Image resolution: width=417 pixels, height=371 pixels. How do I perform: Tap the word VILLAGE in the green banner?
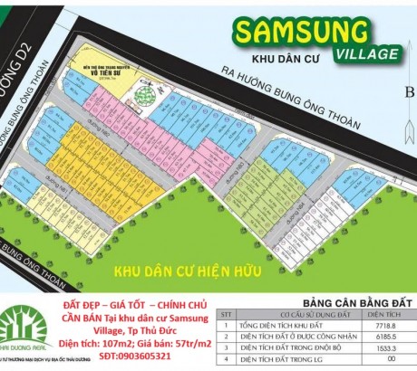[x=362, y=53]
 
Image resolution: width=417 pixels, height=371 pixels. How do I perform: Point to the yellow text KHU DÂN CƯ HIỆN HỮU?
[x=182, y=271]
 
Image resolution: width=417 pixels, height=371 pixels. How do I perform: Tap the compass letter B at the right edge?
[x=409, y=91]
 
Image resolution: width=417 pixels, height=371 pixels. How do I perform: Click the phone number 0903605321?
[x=146, y=358]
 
